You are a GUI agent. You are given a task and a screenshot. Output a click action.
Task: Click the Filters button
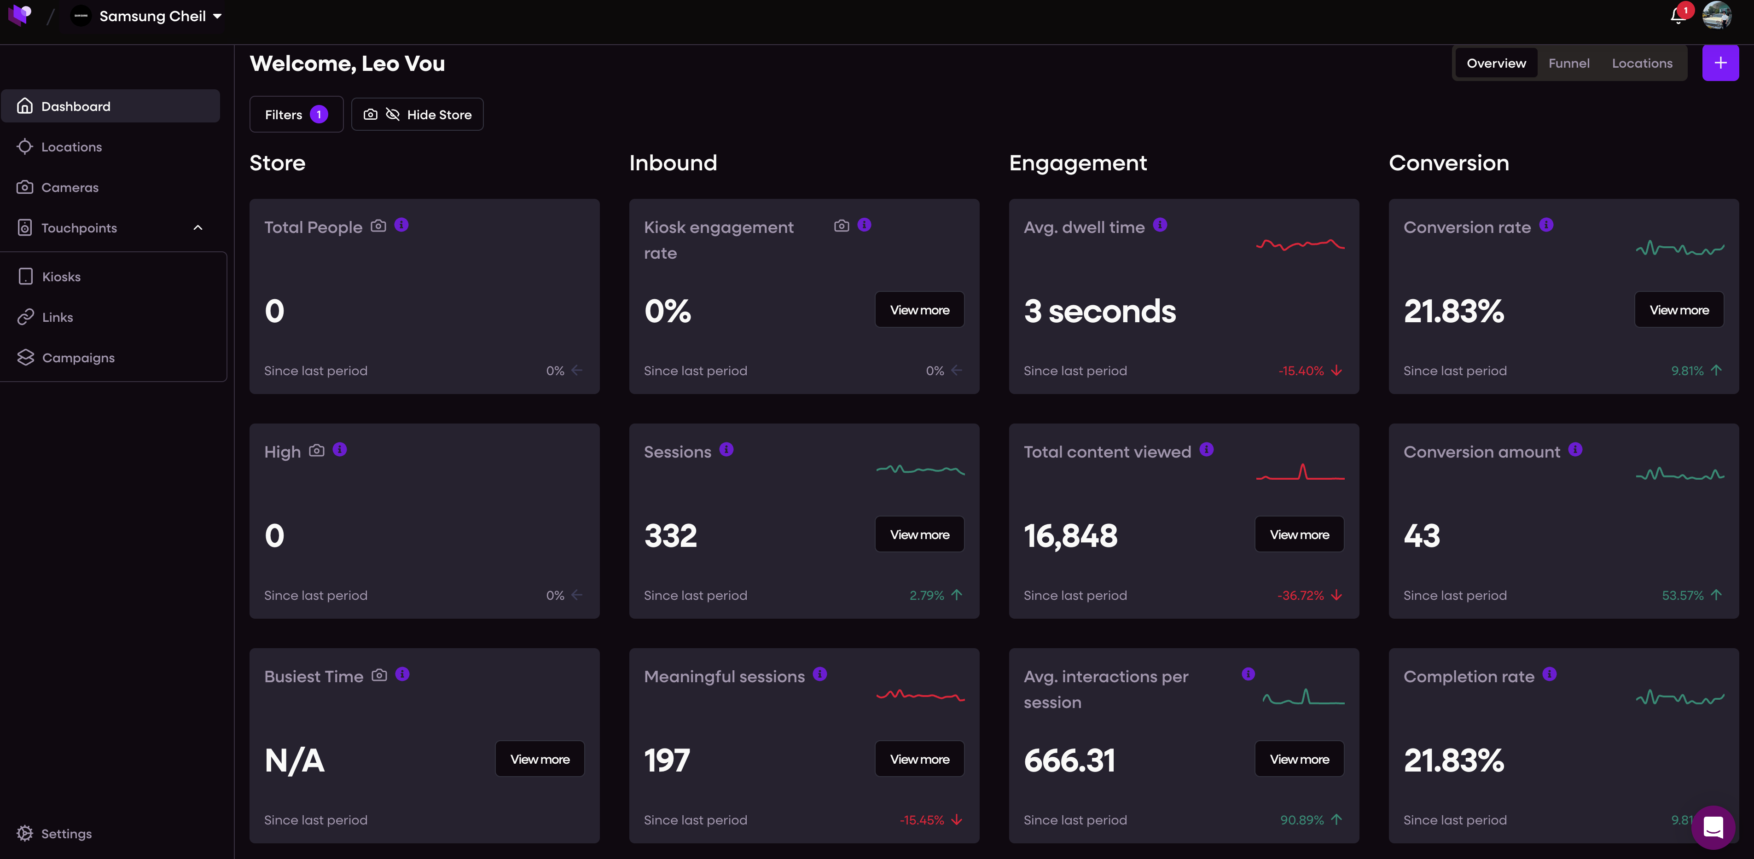(296, 114)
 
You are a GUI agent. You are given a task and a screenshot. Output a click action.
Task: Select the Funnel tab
(1569, 64)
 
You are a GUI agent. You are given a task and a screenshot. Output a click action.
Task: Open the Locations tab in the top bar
(1642, 64)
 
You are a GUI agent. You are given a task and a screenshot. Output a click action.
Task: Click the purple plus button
(1720, 64)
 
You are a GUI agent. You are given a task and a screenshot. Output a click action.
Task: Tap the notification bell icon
(1678, 16)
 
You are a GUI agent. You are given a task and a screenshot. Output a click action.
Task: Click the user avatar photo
(1717, 15)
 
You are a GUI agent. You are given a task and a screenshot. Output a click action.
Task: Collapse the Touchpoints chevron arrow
(198, 227)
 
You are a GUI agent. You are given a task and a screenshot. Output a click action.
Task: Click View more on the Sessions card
(919, 534)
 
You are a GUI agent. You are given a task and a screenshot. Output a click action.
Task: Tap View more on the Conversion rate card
(1679, 310)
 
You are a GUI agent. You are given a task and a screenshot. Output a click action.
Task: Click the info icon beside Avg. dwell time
(1160, 225)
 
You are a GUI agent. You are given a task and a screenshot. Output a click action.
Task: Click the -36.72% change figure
(1301, 596)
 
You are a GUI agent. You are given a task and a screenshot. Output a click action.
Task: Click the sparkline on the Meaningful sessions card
(920, 695)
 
